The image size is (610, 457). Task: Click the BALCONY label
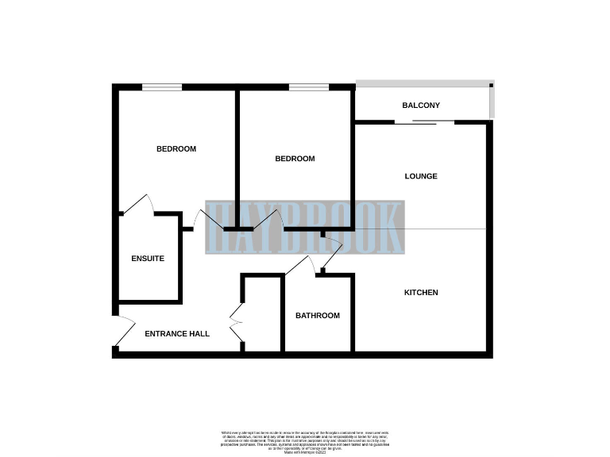(x=420, y=106)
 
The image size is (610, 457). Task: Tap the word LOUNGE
(x=420, y=176)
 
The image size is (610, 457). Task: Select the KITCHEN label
(x=421, y=293)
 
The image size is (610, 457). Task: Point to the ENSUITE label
(x=148, y=259)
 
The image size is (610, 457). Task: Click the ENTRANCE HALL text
(x=177, y=334)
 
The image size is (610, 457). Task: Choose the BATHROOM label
(x=318, y=316)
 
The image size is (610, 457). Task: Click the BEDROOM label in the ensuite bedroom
(x=176, y=149)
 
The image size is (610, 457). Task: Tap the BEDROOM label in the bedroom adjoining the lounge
(x=295, y=159)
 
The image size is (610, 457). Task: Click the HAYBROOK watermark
(x=305, y=227)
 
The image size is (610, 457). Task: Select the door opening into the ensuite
(x=138, y=205)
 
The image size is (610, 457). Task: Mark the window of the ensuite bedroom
(x=161, y=87)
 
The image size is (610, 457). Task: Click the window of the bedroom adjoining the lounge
(x=308, y=87)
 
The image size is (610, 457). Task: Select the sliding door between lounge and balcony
(x=424, y=122)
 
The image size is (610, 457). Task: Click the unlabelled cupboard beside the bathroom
(x=262, y=313)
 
